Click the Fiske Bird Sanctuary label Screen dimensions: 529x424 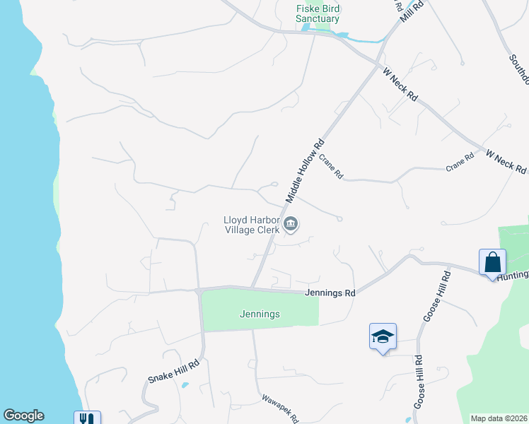pyautogui.click(x=318, y=13)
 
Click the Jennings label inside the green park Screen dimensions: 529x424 pyautogui.click(x=260, y=314)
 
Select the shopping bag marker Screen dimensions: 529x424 pyautogui.click(x=492, y=263)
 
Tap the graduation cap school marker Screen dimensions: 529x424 pyautogui.click(x=382, y=336)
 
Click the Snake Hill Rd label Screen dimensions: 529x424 pyautogui.click(x=174, y=370)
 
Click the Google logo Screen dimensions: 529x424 pyautogui.click(x=23, y=416)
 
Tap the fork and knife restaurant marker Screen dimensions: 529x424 pyautogui.click(x=87, y=418)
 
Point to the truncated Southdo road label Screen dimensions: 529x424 pyautogui.click(x=518, y=63)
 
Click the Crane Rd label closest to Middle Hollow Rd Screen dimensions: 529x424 pyautogui.click(x=330, y=167)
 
